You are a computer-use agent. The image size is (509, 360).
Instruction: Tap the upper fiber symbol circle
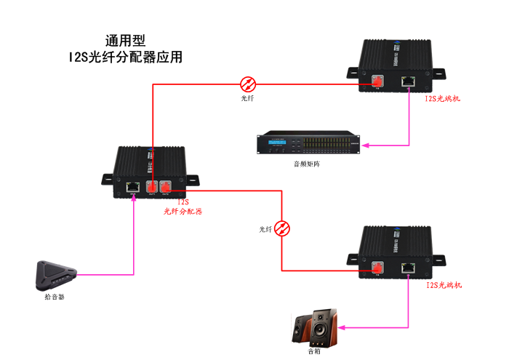[248, 82]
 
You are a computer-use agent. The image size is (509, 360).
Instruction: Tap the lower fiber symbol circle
[284, 228]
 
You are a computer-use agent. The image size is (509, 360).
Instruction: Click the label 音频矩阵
[308, 164]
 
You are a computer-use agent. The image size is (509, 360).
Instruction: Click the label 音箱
[313, 352]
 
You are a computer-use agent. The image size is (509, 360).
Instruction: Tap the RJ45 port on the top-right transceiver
[409, 81]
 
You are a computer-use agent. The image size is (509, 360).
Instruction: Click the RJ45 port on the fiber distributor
[134, 187]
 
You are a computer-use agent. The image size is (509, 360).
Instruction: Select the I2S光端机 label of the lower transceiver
[443, 284]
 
